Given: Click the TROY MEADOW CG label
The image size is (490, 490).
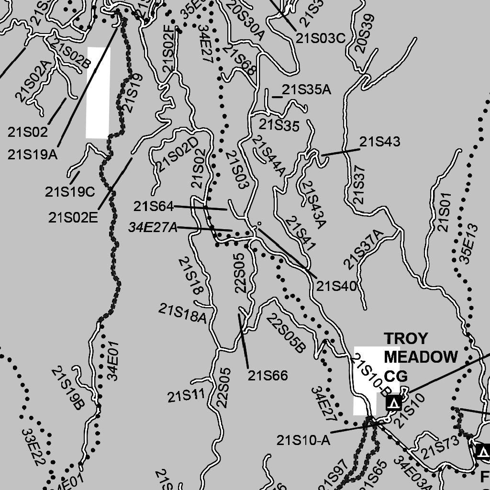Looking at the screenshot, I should [x=420, y=356].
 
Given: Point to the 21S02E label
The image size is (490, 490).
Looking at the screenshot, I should [x=73, y=217].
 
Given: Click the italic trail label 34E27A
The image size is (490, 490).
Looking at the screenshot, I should [x=153, y=228].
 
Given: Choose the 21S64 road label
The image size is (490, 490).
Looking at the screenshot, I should [x=153, y=207].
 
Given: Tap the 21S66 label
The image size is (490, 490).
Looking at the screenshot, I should [x=268, y=376].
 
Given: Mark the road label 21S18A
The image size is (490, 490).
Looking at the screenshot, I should [x=183, y=314].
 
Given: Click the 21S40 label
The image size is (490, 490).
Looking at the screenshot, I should [x=336, y=287].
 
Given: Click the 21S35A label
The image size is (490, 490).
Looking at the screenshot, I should [x=306, y=89].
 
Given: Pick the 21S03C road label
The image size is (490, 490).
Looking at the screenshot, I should [x=320, y=39].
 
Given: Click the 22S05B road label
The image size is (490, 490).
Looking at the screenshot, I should [x=286, y=333].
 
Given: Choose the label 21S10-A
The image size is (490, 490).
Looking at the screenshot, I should [x=303, y=440].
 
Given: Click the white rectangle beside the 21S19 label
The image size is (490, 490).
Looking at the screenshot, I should [x=98, y=92].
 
